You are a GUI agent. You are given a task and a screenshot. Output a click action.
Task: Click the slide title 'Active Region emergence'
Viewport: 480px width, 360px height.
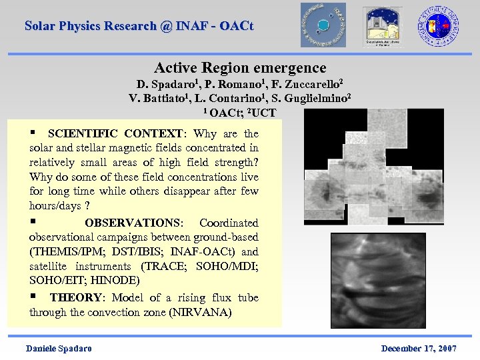[240, 68]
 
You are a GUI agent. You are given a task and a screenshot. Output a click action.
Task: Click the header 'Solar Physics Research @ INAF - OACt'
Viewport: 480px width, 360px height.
[139, 26]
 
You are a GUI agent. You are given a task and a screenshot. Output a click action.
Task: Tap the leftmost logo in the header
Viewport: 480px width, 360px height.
[323, 25]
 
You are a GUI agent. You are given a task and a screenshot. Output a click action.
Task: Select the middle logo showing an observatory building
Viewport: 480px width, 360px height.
[382, 27]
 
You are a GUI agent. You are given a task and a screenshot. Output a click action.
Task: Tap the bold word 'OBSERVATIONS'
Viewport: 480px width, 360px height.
[133, 223]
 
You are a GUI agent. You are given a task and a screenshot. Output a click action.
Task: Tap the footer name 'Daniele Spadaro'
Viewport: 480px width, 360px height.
[59, 349]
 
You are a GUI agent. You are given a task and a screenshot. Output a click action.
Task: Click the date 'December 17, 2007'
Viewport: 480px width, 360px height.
[419, 349]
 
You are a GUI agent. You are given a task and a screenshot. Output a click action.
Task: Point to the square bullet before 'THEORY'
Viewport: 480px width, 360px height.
[33, 297]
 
